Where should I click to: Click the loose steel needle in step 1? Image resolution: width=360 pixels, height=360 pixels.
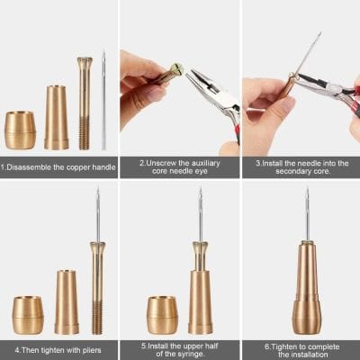[x=103, y=99]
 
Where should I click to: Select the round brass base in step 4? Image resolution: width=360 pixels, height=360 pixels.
[x=27, y=314]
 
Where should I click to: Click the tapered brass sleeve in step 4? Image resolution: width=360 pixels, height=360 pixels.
[x=67, y=301]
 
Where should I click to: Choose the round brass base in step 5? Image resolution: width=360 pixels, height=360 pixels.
[x=161, y=314]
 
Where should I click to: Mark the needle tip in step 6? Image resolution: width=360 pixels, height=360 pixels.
[x=306, y=192]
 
